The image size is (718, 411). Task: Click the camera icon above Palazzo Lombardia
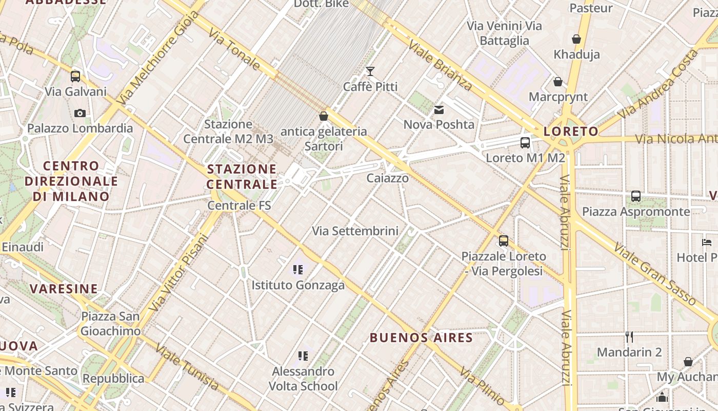coord(79,113)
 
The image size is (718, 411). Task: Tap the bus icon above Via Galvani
coord(75,77)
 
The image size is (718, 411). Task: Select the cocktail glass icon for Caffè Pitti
coord(370,71)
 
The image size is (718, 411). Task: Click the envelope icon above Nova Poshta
coord(439,109)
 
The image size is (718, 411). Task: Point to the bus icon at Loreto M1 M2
coord(525,143)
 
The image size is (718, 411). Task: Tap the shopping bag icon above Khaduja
coord(576,39)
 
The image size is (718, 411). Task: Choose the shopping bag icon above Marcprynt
coord(558,82)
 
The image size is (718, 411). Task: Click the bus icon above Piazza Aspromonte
coord(636,196)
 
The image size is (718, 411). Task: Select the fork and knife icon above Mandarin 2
coord(629,337)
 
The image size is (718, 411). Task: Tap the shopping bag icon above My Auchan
coord(688,362)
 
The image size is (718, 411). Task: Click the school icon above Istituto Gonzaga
coord(298,269)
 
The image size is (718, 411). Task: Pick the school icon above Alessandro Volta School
coord(303,356)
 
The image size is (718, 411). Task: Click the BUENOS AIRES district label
coord(421,338)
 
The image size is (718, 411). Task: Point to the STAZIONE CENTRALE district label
coord(242,176)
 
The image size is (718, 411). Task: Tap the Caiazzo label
coord(388,178)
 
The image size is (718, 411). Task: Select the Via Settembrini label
coord(355,231)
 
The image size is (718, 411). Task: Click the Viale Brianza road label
coord(440,64)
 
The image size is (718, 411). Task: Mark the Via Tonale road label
coord(234,49)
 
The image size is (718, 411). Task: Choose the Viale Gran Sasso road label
coord(655,275)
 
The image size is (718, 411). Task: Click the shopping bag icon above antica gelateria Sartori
coord(324,116)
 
